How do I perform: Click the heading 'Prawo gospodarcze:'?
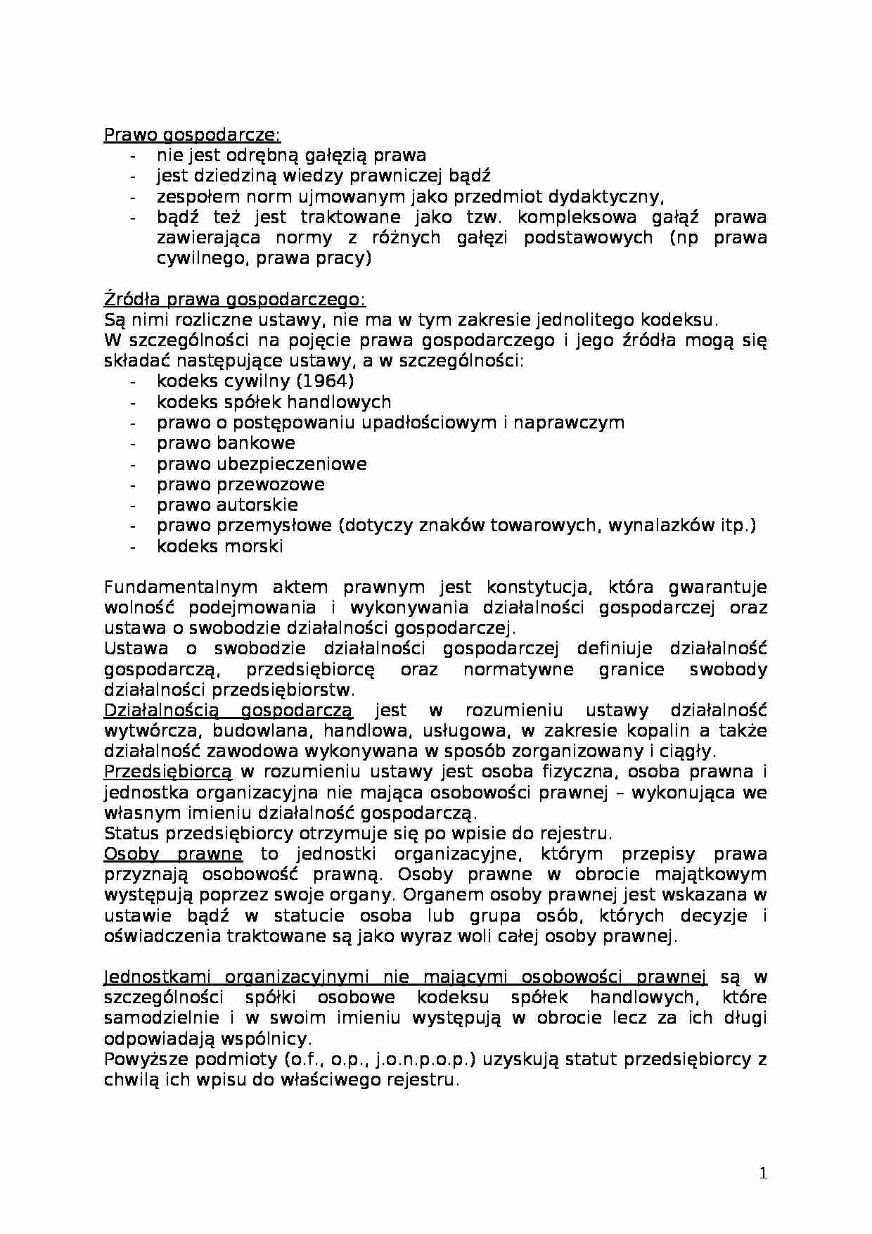(x=191, y=135)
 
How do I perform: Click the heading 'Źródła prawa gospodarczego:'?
(x=234, y=300)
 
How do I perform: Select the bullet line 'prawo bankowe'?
(x=226, y=443)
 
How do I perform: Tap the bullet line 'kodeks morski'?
(x=220, y=547)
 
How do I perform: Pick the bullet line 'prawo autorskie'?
(x=227, y=505)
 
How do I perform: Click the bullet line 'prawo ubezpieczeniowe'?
(x=262, y=464)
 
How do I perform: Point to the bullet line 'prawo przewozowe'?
(x=241, y=485)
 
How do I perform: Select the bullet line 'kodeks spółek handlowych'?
(x=274, y=402)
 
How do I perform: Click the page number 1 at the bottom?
(x=764, y=1173)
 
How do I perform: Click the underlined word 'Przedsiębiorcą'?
(x=167, y=772)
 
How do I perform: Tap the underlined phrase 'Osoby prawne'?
(x=173, y=854)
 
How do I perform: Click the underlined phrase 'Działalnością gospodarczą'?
(x=228, y=711)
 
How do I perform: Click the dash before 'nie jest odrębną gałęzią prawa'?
(x=134, y=155)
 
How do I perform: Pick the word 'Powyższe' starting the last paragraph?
(x=143, y=1060)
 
